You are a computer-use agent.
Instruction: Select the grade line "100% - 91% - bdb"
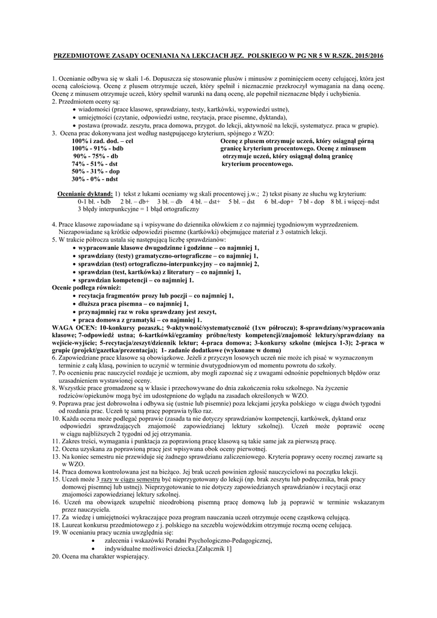pyautogui.click(x=97, y=148)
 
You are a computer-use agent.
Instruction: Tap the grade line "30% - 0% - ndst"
pyautogui.click(x=95, y=179)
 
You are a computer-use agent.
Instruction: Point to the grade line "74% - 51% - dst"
pyautogui.click(x=94, y=164)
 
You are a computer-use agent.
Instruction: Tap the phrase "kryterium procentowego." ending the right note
pyautogui.click(x=257, y=164)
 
